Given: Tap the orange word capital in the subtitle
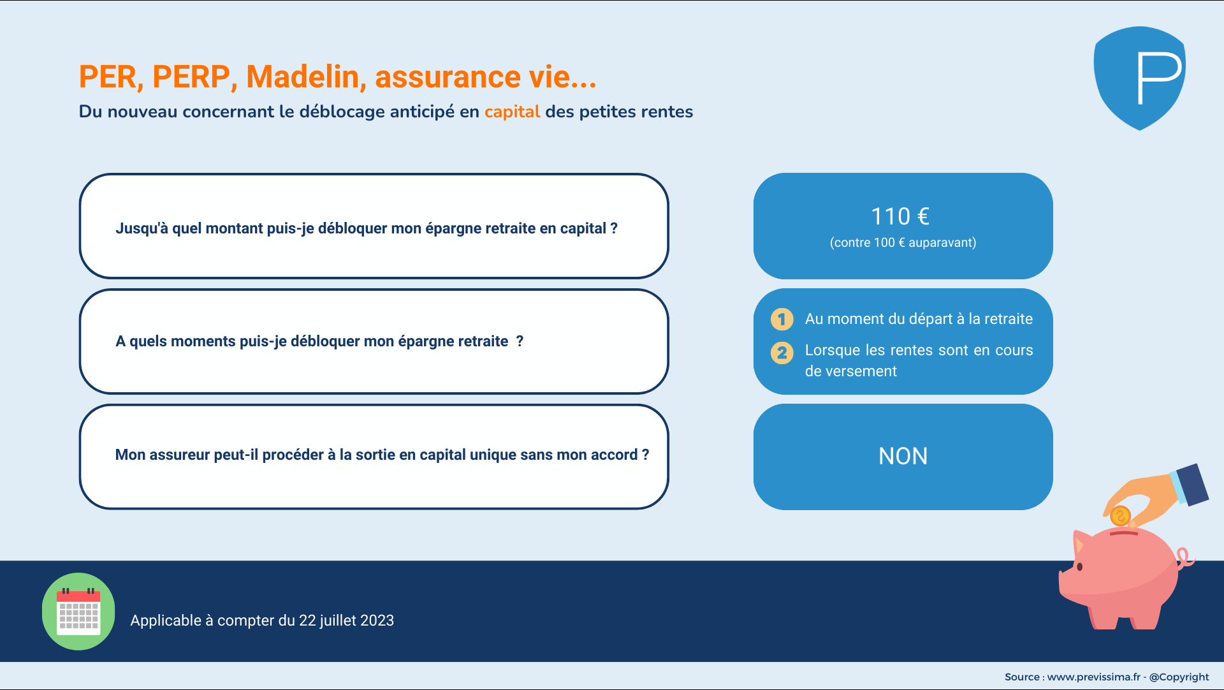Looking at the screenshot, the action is [512, 112].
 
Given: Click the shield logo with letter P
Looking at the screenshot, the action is [1140, 78].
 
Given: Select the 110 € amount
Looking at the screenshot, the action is [900, 216].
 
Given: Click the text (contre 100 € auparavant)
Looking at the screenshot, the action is [903, 242].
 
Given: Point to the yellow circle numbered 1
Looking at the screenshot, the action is [782, 319].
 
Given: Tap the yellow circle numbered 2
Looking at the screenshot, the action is [782, 353].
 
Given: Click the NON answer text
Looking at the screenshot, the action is [903, 456].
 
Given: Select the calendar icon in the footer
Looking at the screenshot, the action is [78, 611].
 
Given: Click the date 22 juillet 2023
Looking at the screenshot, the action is [346, 620].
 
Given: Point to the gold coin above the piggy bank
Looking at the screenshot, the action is [1120, 515].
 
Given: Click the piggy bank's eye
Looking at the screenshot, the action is [1079, 566].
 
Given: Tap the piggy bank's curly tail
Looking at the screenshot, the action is [1185, 558].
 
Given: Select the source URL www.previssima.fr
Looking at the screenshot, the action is [1093, 677].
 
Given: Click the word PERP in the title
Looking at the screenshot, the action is [191, 77].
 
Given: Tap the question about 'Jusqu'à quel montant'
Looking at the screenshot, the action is [367, 228].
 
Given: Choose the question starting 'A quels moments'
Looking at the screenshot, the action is [319, 341].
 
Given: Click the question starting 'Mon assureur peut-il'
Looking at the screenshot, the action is [382, 455].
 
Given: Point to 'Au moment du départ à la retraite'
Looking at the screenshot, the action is [919, 319].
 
